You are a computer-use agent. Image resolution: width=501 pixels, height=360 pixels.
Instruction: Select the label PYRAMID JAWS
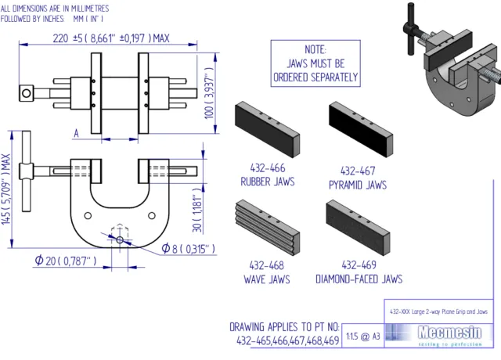[x=358, y=185]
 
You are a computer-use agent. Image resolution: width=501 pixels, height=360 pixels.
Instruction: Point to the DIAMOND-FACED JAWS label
[x=359, y=278]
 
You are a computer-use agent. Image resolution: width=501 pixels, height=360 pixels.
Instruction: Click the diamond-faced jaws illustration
[x=358, y=225]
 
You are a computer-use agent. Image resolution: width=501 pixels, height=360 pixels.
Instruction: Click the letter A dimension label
[x=76, y=133]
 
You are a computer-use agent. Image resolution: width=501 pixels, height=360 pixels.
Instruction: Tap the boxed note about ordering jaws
[x=315, y=63]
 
